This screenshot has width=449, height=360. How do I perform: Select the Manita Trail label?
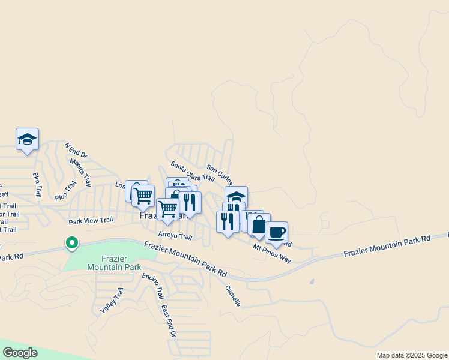tap(80, 170)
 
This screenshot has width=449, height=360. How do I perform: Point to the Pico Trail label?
tap(66, 190)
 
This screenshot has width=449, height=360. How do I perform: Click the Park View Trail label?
tap(91, 220)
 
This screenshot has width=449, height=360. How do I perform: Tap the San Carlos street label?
tap(219, 175)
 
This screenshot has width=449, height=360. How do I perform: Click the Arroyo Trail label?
tap(175, 236)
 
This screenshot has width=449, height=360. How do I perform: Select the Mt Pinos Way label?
tap(272, 253)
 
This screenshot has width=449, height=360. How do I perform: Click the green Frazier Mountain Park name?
tap(114, 263)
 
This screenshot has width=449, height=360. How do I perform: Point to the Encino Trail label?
tap(153, 286)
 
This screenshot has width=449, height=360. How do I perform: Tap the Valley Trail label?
tap(112, 300)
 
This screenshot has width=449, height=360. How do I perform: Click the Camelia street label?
tap(232, 295)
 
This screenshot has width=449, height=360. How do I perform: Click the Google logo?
tap(19, 353)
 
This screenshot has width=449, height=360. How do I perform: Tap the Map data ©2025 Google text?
tap(411, 355)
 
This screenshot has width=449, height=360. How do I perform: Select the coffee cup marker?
tap(276, 232)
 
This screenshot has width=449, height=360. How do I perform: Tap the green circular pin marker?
tap(71, 243)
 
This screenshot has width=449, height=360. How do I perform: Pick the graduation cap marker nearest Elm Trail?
tap(27, 139)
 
